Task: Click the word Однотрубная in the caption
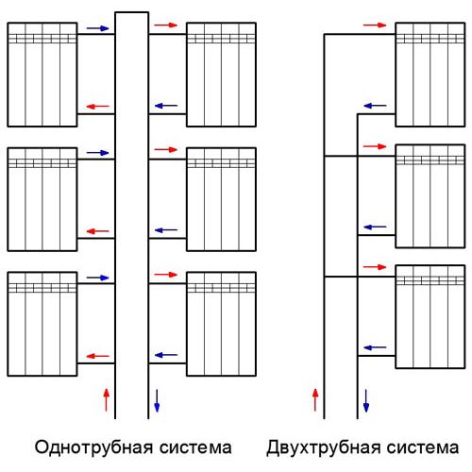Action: click(93, 448)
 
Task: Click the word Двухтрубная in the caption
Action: click(323, 448)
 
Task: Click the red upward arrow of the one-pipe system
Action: click(107, 399)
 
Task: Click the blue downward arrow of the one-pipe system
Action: click(157, 400)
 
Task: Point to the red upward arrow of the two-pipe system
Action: click(315, 399)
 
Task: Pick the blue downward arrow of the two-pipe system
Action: click(366, 400)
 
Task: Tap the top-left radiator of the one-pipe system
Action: click(42, 75)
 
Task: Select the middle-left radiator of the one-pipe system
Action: click(42, 199)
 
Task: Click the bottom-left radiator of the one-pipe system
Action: click(42, 324)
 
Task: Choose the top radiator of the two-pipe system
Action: click(430, 75)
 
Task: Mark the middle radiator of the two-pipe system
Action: click(430, 196)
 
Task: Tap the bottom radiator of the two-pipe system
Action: click(430, 316)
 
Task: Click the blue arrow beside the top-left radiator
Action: click(97, 28)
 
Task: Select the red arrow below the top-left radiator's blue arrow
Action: click(97, 107)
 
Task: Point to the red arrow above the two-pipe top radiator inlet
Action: click(375, 25)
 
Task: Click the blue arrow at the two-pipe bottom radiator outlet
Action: click(375, 347)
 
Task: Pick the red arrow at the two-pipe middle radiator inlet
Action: click(375, 146)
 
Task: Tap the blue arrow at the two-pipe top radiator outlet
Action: click(375, 106)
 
